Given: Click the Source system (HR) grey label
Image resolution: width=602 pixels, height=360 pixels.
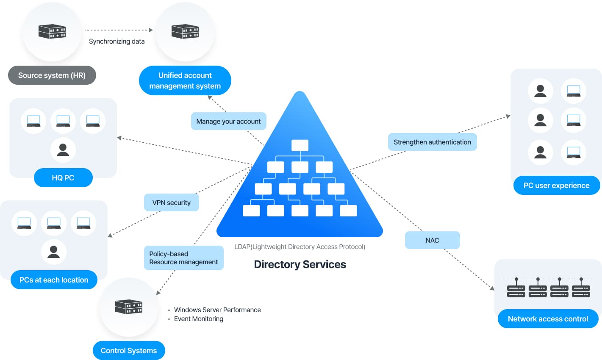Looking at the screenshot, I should [52, 75].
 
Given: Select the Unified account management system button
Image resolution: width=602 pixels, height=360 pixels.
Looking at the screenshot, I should [185, 80].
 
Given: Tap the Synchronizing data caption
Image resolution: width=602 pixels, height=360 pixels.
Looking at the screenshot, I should [117, 42].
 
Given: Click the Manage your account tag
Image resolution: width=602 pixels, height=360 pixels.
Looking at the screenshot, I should [228, 121].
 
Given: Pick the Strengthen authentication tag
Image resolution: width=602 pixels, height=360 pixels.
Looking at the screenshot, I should [432, 142].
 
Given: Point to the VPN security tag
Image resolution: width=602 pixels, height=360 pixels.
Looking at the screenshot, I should [171, 202].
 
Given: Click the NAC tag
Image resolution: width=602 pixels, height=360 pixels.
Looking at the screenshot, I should [432, 240].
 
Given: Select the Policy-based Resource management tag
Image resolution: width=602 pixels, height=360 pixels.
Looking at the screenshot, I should [183, 258].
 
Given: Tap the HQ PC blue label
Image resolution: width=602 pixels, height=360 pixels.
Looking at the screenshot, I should [63, 178].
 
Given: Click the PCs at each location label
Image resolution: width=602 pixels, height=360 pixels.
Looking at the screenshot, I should [54, 280].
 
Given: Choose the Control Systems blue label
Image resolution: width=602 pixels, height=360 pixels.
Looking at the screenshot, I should [129, 351].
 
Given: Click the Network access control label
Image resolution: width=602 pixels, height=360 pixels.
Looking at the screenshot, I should [548, 319].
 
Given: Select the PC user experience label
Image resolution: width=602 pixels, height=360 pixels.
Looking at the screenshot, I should [556, 186].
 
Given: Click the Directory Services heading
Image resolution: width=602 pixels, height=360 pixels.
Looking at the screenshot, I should [300, 264].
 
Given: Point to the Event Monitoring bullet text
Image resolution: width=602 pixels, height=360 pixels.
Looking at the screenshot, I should [198, 319].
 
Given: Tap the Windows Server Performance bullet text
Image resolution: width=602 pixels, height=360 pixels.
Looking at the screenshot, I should [217, 310].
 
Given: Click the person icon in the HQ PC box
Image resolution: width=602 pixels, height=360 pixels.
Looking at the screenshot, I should [63, 150].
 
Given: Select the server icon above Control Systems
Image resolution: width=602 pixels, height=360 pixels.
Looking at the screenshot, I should [129, 307].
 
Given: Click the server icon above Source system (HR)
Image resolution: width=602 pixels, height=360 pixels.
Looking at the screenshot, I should [52, 31].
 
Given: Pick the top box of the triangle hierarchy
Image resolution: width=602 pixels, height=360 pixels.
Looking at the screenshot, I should [300, 145].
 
